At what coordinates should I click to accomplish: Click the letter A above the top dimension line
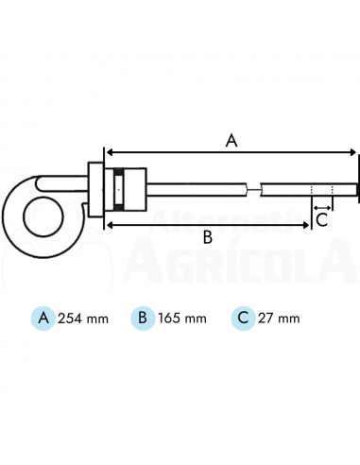[231, 140]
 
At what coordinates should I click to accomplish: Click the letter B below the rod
[208, 238]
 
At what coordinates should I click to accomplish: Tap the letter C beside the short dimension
[321, 220]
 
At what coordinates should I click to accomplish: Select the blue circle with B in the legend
[141, 318]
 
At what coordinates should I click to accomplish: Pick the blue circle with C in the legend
[242, 318]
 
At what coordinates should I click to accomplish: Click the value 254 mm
[83, 319]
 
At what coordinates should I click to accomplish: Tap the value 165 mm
[180, 319]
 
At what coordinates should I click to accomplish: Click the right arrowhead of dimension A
[353, 151]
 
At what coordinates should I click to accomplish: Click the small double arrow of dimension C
[321, 204]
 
